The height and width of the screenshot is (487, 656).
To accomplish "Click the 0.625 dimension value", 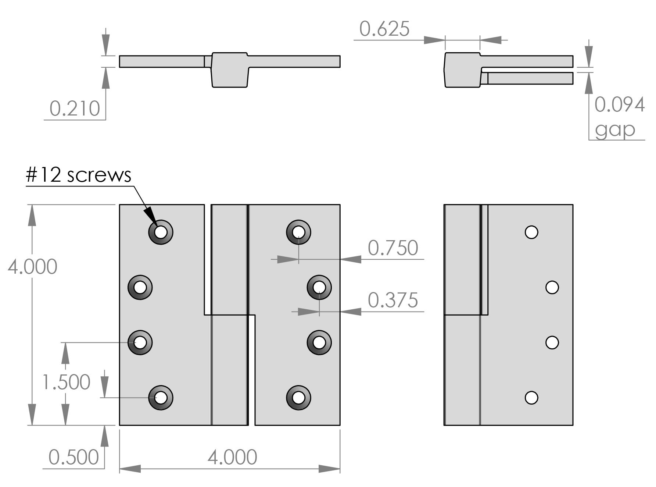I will coord(384,29).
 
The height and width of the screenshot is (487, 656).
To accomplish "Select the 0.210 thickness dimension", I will coord(75,109).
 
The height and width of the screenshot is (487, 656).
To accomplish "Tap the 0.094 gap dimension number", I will coord(619,105).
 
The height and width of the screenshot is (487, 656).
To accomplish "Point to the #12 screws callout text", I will coord(79,175).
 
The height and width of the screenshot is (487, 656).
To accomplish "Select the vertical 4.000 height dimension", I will coord(32,267).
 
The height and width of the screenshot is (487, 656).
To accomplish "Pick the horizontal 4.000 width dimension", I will coord(232,457).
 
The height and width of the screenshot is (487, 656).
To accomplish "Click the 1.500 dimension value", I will coord(67,382).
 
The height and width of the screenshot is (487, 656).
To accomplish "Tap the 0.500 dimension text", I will coord(74,458).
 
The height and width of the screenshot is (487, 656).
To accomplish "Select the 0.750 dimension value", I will coord(393,248).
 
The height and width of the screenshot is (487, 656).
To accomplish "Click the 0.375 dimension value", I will coord(393,300).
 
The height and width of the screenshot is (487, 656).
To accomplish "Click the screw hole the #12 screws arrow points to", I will coord(161,232).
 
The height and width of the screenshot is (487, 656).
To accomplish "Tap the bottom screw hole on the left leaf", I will coord(161,398).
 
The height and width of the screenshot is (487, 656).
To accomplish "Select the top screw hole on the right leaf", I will coord(298,232).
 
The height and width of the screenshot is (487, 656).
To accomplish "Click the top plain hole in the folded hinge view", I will coord(531,232).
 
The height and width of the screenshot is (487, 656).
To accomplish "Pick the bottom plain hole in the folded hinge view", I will coord(531,398).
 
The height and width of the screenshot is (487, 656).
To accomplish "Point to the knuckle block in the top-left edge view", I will coord(230,70).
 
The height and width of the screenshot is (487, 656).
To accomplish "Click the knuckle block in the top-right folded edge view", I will coord(462,70).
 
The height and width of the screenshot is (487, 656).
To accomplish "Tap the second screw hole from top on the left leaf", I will coord(140,287).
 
